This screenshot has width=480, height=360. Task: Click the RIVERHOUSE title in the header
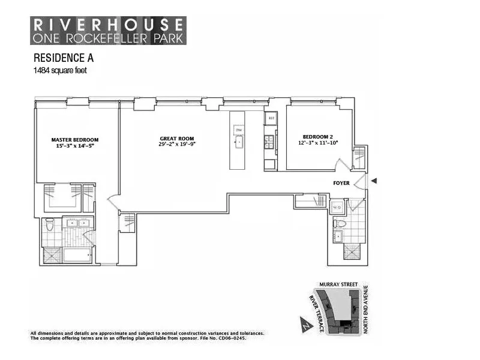108,25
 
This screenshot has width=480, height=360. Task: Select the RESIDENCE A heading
64,59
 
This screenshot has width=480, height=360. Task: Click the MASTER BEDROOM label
74,140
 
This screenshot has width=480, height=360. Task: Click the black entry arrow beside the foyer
374,181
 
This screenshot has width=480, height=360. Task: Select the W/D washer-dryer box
336,208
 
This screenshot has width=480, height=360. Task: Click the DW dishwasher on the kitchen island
238,130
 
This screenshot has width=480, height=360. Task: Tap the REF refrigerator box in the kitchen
271,118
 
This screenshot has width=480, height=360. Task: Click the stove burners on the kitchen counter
270,142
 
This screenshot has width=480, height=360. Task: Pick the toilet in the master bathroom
50,226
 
